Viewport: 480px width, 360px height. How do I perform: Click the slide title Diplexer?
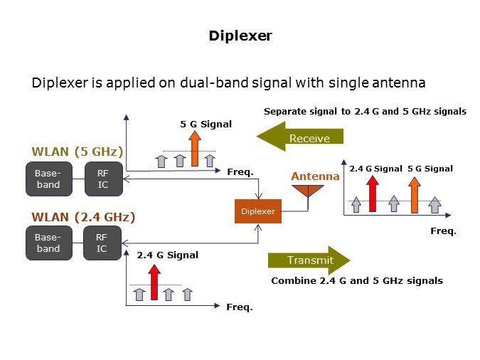pyautogui.click(x=240, y=36)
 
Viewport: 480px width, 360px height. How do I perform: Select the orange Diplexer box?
pyautogui.click(x=257, y=211)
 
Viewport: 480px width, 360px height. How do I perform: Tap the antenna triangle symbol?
pyautogui.click(x=307, y=190)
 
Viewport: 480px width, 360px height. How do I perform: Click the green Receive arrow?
pyautogui.click(x=300, y=137)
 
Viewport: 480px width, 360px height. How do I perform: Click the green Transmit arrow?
pyautogui.click(x=309, y=260)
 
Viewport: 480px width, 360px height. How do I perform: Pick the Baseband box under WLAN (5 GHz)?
pyautogui.click(x=48, y=179)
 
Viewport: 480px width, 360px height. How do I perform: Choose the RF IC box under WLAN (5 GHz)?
pyautogui.click(x=102, y=179)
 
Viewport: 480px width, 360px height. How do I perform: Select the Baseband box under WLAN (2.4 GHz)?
pyautogui.click(x=48, y=243)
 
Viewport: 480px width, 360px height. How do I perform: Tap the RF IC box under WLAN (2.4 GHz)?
pyautogui.click(x=102, y=243)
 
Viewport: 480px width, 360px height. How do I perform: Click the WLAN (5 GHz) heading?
pyautogui.click(x=78, y=152)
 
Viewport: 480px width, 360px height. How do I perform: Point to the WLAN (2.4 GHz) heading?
pyautogui.click(x=83, y=216)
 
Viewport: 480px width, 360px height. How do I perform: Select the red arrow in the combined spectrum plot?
pyautogui.click(x=371, y=194)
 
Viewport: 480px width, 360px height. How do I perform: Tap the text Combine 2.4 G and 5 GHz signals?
pyautogui.click(x=357, y=281)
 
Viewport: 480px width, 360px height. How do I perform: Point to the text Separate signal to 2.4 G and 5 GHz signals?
pyautogui.click(x=365, y=112)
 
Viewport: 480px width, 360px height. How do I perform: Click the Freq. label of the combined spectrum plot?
pyautogui.click(x=443, y=231)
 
